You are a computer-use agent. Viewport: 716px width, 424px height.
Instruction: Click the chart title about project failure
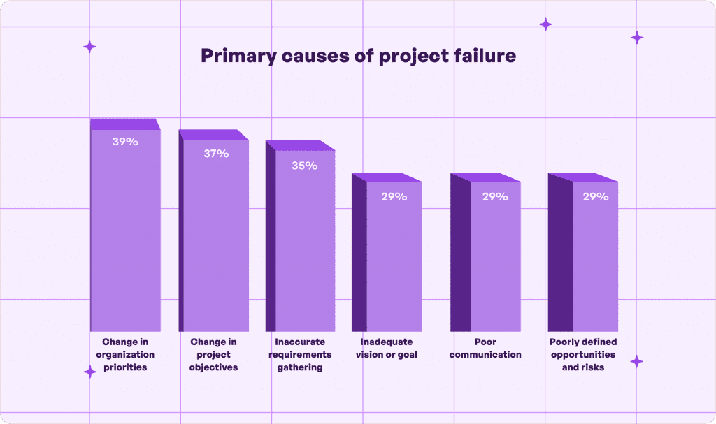(x=358, y=56)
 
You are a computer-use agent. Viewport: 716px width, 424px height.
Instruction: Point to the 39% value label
(x=126, y=141)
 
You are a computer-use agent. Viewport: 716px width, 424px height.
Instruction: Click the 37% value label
(x=216, y=154)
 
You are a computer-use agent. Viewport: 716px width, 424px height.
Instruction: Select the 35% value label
(x=305, y=166)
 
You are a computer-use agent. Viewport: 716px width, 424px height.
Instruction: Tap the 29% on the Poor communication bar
(x=495, y=197)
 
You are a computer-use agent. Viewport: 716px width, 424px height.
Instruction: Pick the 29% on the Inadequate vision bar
(x=394, y=197)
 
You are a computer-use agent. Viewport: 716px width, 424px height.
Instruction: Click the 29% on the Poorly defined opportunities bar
(x=596, y=197)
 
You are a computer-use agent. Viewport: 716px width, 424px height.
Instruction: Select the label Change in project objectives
(x=214, y=355)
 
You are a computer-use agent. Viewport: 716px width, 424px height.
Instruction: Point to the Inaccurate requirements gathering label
(x=299, y=355)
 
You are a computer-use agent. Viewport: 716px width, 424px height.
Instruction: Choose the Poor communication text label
(x=485, y=348)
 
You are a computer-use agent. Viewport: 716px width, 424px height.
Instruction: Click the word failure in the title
(x=484, y=56)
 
